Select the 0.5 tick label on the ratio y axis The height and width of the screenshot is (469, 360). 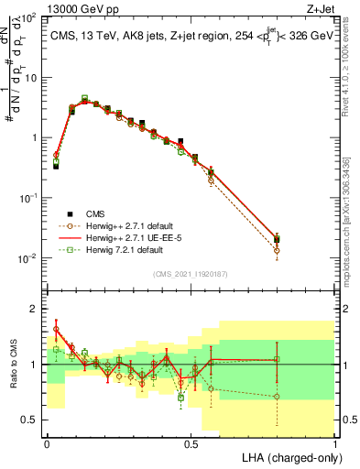pyautogui.click(x=29, y=420)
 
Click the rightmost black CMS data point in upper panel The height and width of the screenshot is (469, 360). pyautogui.click(x=277, y=239)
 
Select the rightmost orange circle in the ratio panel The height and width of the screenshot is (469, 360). pyautogui.click(x=277, y=397)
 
